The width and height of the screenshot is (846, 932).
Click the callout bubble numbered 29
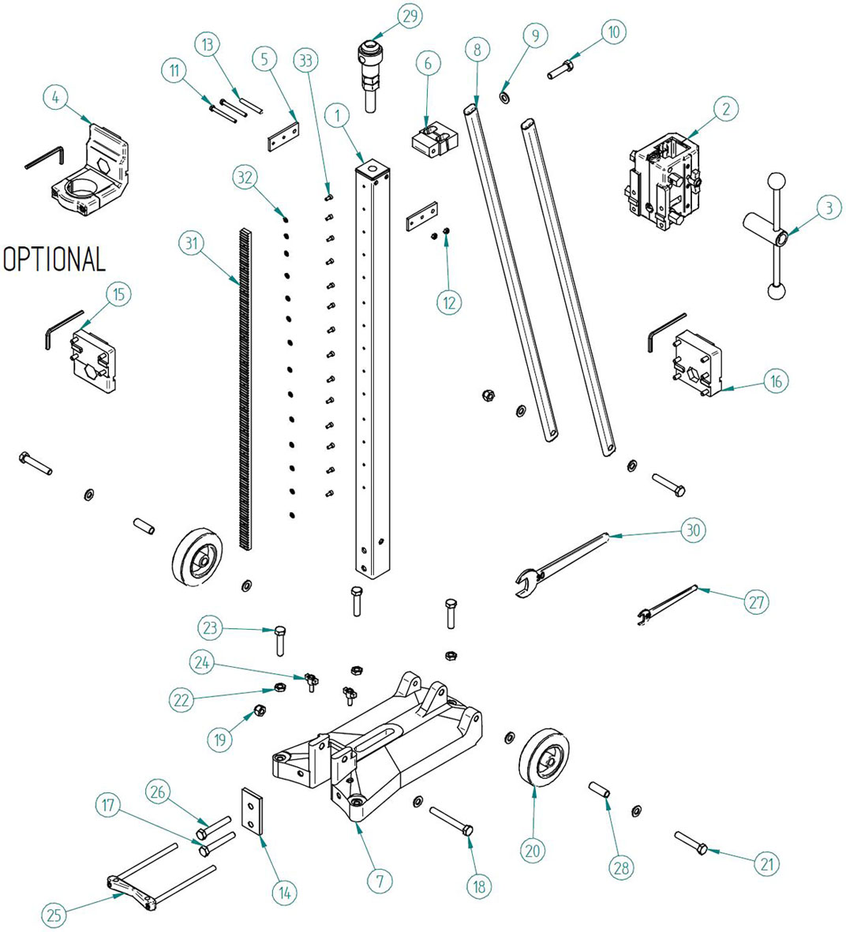click(410, 16)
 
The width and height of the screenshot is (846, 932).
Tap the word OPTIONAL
click(54, 259)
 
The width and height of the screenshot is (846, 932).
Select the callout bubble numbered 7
click(380, 880)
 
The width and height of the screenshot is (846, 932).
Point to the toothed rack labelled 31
click(245, 389)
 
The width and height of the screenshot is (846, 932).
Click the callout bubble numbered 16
click(776, 381)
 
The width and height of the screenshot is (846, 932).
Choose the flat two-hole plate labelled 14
click(253, 810)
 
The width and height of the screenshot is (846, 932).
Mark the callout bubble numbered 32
click(245, 177)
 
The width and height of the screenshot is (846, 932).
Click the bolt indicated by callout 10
click(560, 69)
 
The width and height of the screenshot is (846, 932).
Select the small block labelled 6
click(435, 139)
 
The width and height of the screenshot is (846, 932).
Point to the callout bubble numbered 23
click(210, 627)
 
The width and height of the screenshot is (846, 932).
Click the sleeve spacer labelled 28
click(599, 790)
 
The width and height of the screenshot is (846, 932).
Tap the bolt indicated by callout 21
click(691, 843)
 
